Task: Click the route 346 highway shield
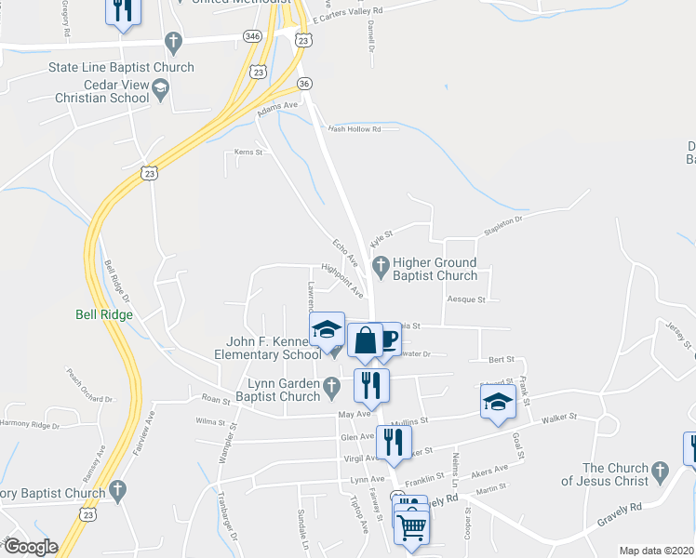pos(252,35)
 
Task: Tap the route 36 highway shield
pos(304,84)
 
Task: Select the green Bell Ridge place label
pos(103,314)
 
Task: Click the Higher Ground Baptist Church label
pos(435,269)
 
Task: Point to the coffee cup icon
pos(387,339)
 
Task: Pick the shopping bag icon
pos(366,340)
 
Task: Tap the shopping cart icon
pos(411,528)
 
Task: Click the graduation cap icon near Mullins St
pos(498,401)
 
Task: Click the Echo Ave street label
pos(345,251)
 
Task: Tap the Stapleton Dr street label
pos(503,225)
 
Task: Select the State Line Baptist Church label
pos(122,67)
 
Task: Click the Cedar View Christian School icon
pos(161,90)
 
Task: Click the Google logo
pos(31,547)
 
